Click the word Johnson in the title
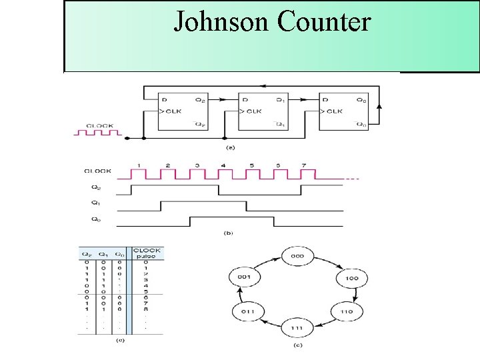click(x=222, y=21)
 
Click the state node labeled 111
click(x=296, y=329)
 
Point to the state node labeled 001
click(x=243, y=277)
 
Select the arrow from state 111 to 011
click(x=267, y=324)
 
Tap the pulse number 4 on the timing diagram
click(x=223, y=165)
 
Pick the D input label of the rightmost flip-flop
click(x=326, y=100)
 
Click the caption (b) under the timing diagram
click(x=229, y=233)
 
